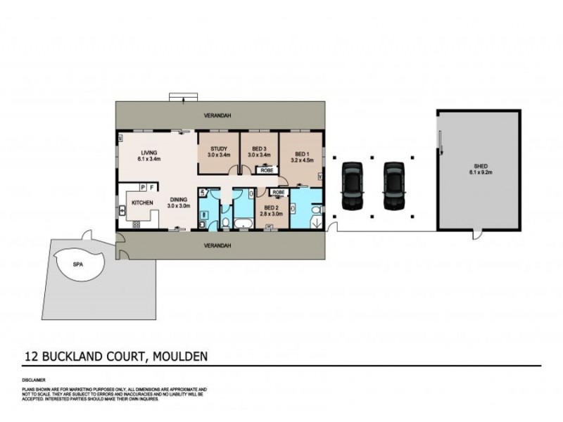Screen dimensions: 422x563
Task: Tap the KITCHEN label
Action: click(x=142, y=203)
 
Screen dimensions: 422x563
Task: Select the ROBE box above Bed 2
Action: click(x=279, y=192)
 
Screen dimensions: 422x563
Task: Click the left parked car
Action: click(x=352, y=186)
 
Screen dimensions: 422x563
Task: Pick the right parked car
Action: click(x=394, y=186)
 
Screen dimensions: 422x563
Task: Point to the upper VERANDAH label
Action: click(x=218, y=115)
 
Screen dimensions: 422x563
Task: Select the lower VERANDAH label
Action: click(x=218, y=245)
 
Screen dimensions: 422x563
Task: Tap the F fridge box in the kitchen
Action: click(x=152, y=188)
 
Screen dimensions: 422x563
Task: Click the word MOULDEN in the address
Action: click(x=179, y=357)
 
